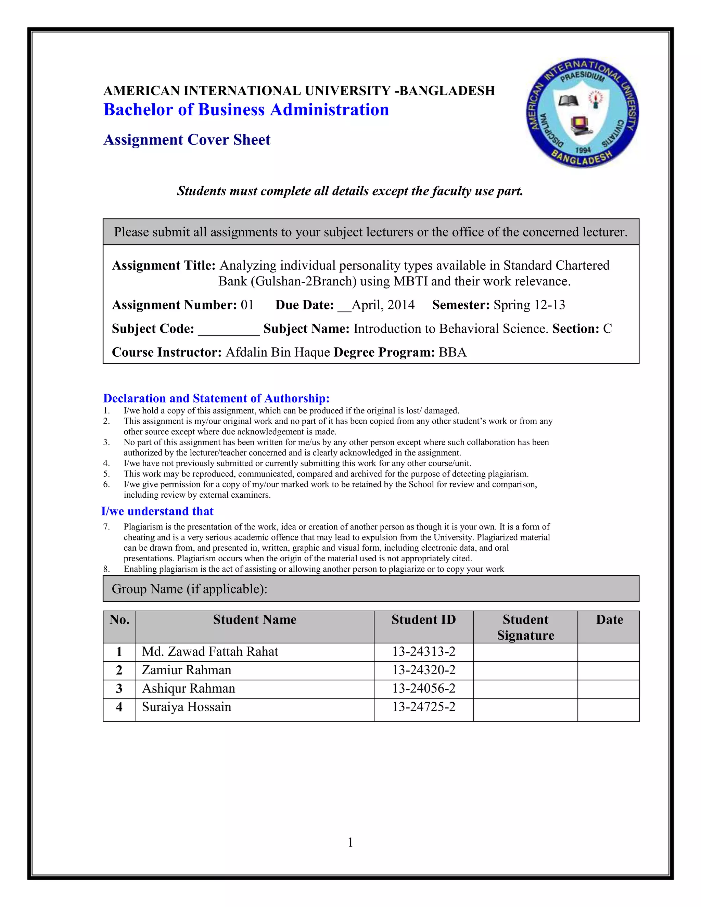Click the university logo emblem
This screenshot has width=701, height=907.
pyautogui.click(x=582, y=113)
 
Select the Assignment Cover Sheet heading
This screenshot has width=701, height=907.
pyautogui.click(x=187, y=140)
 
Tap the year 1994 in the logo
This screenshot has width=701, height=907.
pyautogui.click(x=583, y=150)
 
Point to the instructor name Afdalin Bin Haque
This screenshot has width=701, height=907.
pyautogui.click(x=277, y=352)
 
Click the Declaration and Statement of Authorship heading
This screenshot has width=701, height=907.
pyautogui.click(x=216, y=398)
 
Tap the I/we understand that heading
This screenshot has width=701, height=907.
pyautogui.click(x=157, y=511)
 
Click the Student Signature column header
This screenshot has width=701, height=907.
pyautogui.click(x=525, y=627)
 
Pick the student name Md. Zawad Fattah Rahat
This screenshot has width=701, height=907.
pyautogui.click(x=210, y=652)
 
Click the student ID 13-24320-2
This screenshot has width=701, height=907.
pyautogui.click(x=424, y=670)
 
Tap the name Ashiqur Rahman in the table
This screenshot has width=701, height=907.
pyautogui.click(x=189, y=688)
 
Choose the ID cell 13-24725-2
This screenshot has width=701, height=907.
pyautogui.click(x=424, y=707)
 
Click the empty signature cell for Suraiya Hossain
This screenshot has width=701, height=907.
pyautogui.click(x=525, y=709)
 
